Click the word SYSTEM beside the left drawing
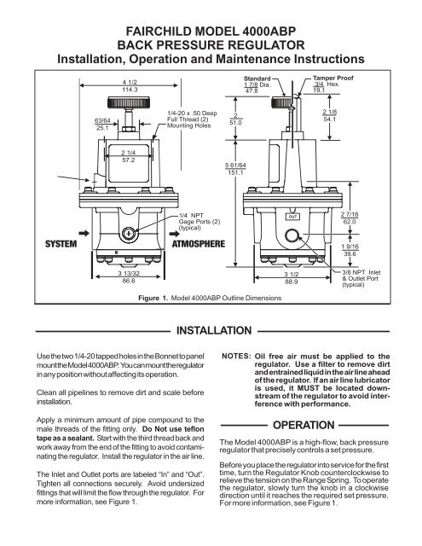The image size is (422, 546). (x=61, y=244)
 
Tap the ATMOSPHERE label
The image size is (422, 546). (x=199, y=244)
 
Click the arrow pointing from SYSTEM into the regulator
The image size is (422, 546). (x=84, y=233)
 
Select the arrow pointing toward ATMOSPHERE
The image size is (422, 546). (x=175, y=234)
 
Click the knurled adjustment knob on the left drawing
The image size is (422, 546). (x=129, y=102)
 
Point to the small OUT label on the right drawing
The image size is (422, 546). (x=292, y=217)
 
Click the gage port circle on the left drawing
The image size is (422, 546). (x=129, y=233)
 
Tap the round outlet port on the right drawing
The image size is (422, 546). (x=292, y=236)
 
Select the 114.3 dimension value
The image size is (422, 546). (x=130, y=90)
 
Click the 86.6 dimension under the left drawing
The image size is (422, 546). (x=129, y=281)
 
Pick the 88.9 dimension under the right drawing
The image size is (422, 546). (x=292, y=282)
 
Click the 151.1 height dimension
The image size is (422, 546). (x=235, y=172)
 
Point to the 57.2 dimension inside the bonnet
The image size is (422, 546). (x=129, y=160)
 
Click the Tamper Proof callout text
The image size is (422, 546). (x=333, y=78)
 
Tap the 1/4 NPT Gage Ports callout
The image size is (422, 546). (x=199, y=222)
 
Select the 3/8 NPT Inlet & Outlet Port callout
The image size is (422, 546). (x=361, y=279)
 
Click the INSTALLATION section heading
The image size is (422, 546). (x=214, y=330)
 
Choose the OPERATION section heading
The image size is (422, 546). (x=303, y=425)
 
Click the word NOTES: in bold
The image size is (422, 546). (x=236, y=357)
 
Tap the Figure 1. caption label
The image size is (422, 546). (x=153, y=298)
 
